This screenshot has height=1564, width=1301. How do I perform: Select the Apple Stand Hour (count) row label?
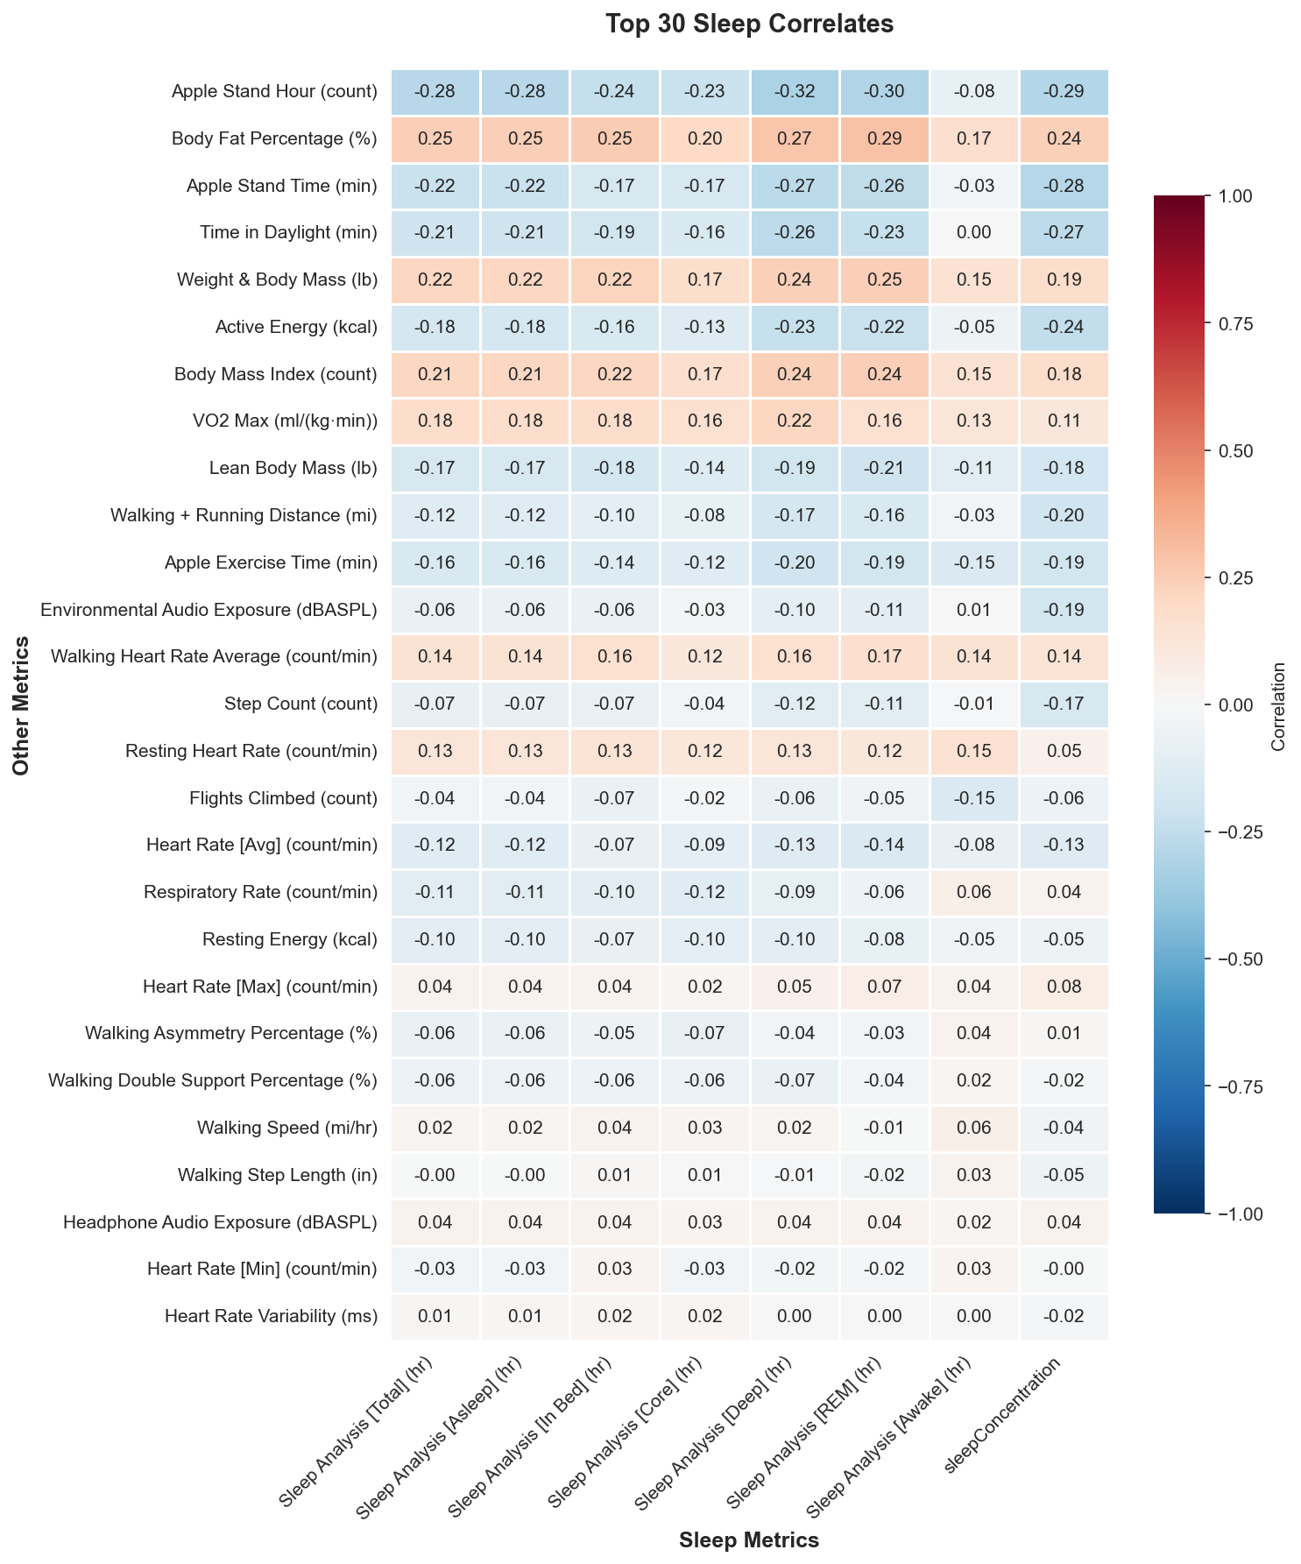tap(274, 91)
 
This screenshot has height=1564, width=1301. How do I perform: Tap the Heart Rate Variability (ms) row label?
tap(271, 1316)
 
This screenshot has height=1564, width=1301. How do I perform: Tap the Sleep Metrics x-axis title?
tap(748, 1539)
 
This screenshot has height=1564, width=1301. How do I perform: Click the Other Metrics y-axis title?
tap(21, 705)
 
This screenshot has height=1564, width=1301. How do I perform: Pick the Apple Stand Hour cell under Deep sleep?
tap(794, 91)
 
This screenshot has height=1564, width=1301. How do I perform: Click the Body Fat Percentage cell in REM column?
tap(884, 138)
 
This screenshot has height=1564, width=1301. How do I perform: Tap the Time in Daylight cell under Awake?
tap(974, 233)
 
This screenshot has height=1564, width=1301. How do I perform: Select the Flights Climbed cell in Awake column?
tap(974, 798)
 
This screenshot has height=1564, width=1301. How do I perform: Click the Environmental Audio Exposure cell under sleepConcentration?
tap(1064, 610)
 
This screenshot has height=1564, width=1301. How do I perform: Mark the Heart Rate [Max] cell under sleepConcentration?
tap(1064, 987)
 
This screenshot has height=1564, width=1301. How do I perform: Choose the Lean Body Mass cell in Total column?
tap(435, 468)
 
